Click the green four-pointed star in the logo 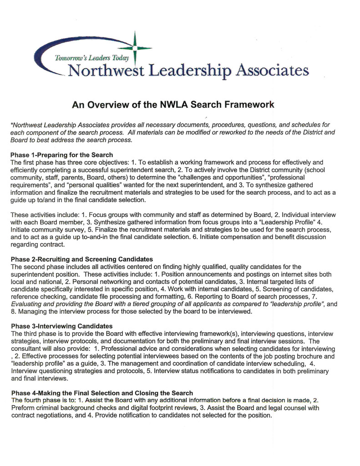(x=135, y=47)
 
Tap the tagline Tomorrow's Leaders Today (x=92, y=58)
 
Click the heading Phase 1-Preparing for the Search (x=61, y=155)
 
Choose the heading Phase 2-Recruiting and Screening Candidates (x=81, y=259)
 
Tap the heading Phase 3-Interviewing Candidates (x=61, y=326)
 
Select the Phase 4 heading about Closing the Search (x=101, y=393)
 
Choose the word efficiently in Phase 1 (x=26, y=170)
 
